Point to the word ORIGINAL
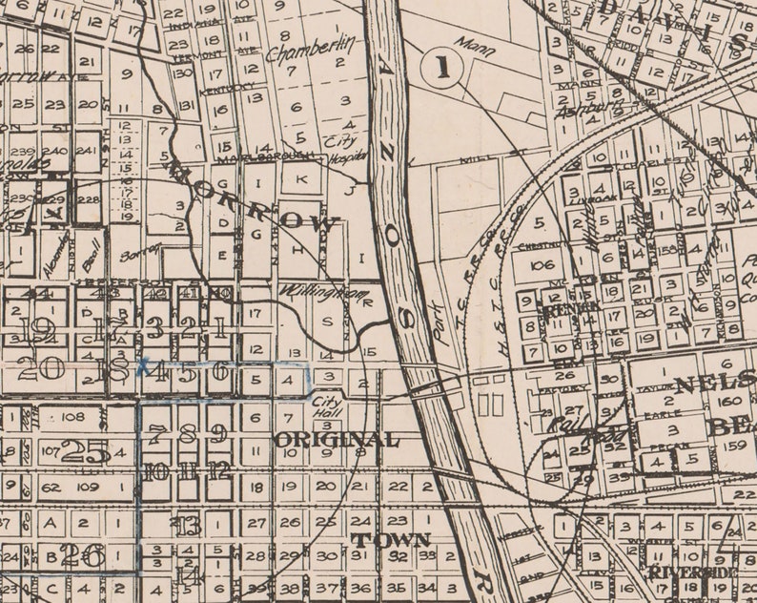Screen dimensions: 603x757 tap(336, 440)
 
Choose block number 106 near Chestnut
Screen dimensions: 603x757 tap(542, 264)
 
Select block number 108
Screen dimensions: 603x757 tap(72, 417)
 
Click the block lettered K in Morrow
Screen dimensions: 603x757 tap(298, 178)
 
